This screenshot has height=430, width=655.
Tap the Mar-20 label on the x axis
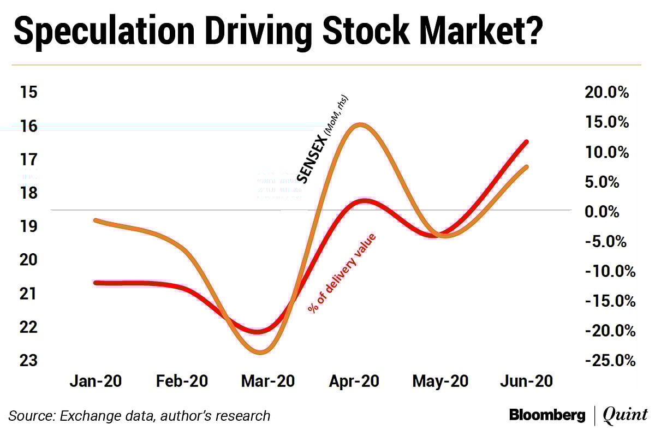coord(267,381)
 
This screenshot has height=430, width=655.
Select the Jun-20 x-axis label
coord(526,381)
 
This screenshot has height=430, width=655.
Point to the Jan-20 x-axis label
coord(96,381)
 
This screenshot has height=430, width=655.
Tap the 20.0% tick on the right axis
coord(606,92)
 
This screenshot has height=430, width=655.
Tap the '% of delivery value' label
coord(342,273)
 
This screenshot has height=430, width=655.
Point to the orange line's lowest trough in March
coord(261,352)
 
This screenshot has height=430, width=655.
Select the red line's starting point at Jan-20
coord(96,283)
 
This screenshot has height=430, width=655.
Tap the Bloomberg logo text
coord(547,415)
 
